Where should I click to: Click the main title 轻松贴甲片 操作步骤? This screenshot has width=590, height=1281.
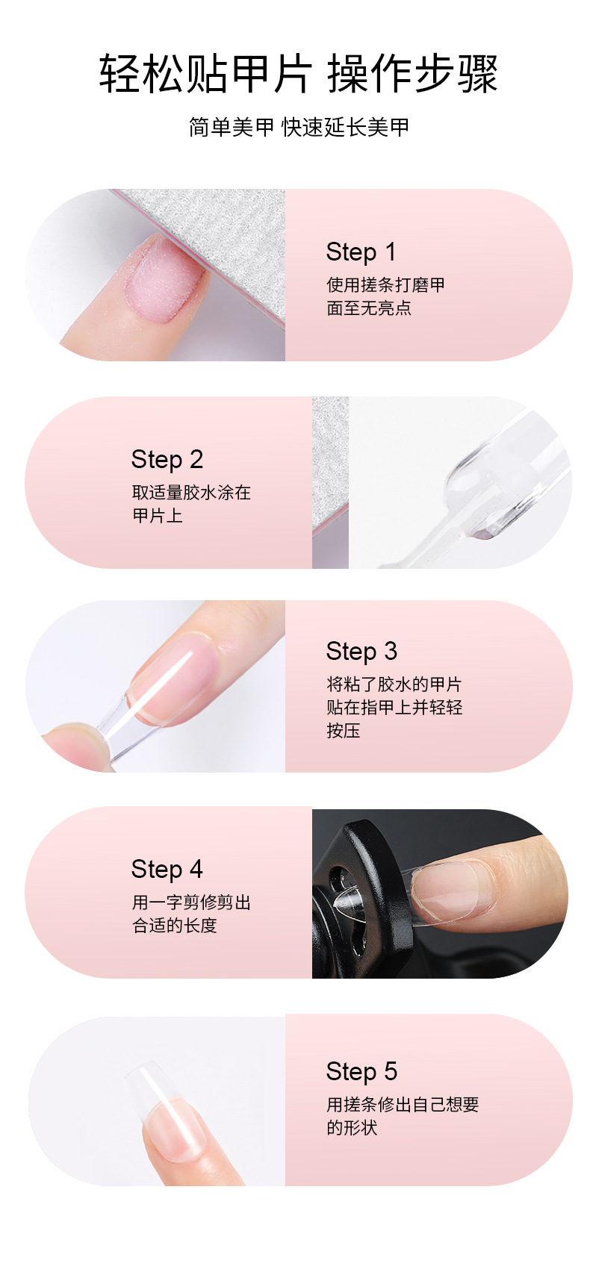click(x=298, y=73)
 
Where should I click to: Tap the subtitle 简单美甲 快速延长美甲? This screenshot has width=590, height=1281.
click(x=299, y=127)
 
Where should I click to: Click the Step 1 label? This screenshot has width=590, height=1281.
click(x=361, y=252)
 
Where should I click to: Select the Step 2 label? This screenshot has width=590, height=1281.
click(x=167, y=460)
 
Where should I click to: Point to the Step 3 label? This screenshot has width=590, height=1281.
click(x=361, y=652)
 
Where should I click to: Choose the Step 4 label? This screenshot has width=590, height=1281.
click(x=167, y=870)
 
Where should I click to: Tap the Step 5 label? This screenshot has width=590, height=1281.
click(x=361, y=1072)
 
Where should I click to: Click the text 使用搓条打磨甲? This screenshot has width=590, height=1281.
click(x=385, y=285)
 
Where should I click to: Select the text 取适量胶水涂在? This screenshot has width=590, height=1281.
click(x=191, y=493)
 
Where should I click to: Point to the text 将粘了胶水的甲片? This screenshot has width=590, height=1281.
click(x=394, y=685)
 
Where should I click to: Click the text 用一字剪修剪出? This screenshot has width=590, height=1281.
click(x=191, y=903)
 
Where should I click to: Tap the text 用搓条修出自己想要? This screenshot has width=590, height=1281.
click(x=403, y=1105)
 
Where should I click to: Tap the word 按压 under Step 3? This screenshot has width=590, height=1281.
click(x=344, y=731)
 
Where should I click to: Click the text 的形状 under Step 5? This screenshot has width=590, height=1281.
click(x=352, y=1128)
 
